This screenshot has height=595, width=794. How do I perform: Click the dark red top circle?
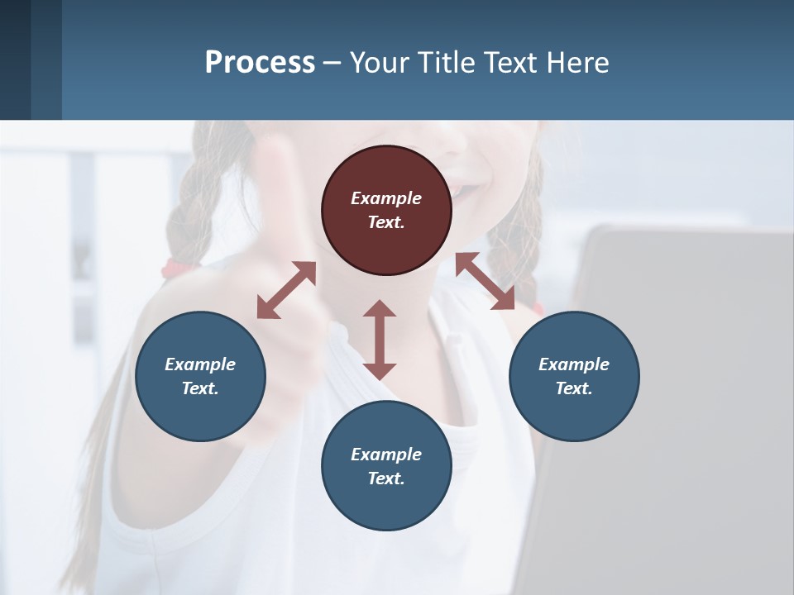(x=386, y=210)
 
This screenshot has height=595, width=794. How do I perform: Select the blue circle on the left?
(x=200, y=376)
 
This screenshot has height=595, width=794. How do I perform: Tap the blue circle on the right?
(x=574, y=376)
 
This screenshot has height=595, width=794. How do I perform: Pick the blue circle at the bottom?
(x=386, y=465)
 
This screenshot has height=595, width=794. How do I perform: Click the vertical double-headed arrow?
(x=380, y=340)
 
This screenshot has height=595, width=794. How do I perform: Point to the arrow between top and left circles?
(x=286, y=290)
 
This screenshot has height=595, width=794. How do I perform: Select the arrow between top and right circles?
(x=485, y=281)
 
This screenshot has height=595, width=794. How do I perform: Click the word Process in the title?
(x=260, y=62)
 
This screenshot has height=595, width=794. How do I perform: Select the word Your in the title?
(x=379, y=62)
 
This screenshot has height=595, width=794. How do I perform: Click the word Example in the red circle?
(x=386, y=198)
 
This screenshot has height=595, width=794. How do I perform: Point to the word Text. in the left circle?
(x=200, y=388)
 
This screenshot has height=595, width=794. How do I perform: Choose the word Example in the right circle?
(x=574, y=364)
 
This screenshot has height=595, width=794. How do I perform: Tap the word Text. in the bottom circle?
(x=386, y=478)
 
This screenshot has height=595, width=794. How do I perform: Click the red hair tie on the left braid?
(x=172, y=266)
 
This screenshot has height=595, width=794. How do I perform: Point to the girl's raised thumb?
(x=277, y=165)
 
